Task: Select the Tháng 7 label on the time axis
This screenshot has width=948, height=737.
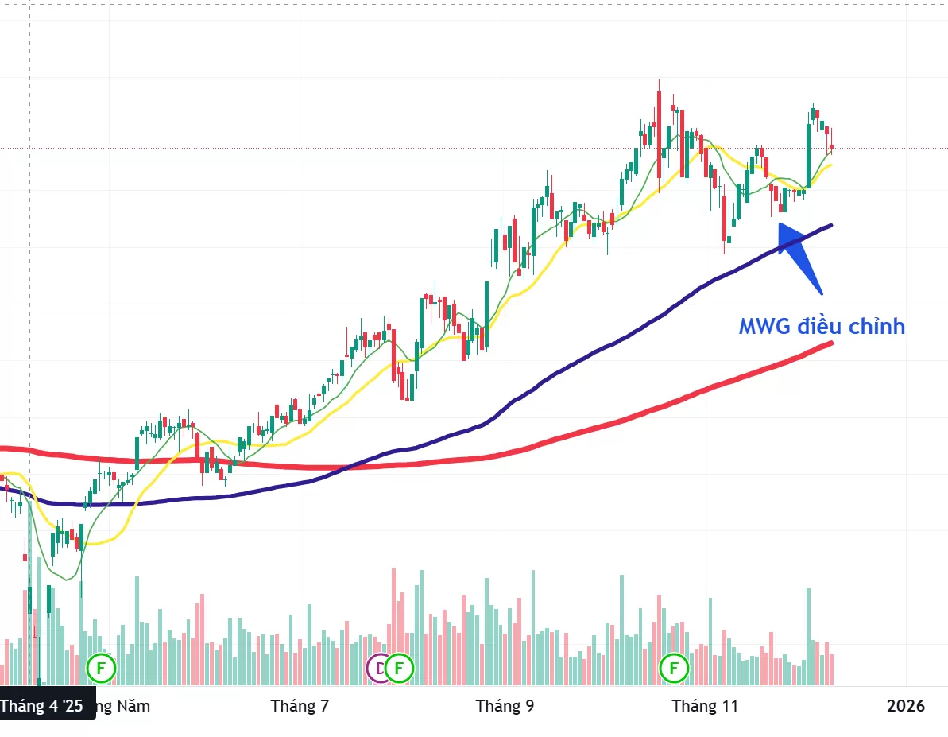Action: point(300,705)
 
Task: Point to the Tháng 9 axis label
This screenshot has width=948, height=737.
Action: point(505,705)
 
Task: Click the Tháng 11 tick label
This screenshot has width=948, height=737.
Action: point(705,705)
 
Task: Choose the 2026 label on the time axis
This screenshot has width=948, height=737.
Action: point(906,705)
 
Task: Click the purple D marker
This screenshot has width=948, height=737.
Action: point(378,668)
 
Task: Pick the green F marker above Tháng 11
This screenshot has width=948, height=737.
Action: point(675,668)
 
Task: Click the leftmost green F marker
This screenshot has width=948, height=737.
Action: point(101,668)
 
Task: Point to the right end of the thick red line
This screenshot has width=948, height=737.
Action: point(830,343)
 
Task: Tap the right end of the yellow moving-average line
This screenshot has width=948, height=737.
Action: point(830,165)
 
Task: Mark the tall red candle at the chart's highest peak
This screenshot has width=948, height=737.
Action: point(660,119)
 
